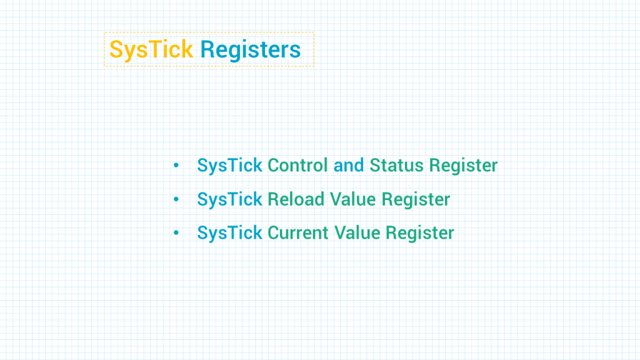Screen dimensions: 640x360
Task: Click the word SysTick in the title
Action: point(151,50)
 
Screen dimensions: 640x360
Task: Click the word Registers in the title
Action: point(250,50)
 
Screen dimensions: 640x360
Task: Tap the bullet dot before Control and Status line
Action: point(176,165)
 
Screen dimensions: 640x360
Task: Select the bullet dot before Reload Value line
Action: point(176,199)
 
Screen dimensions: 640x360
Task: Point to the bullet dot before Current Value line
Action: point(176,232)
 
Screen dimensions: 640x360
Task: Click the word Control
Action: point(297,165)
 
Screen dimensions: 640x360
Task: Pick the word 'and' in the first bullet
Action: point(349,165)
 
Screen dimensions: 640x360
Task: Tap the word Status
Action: point(396,165)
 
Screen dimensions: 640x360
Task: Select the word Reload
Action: point(296,199)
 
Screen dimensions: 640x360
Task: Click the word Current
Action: point(298,232)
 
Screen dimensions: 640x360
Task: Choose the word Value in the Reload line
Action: point(352,199)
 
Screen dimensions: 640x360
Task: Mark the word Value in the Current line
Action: point(357,232)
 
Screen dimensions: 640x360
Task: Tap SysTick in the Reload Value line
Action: point(229,200)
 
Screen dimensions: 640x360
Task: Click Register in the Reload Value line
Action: point(416,200)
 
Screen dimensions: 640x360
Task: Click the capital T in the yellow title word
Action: point(156,49)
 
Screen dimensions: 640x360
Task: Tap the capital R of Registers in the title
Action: point(207,49)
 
